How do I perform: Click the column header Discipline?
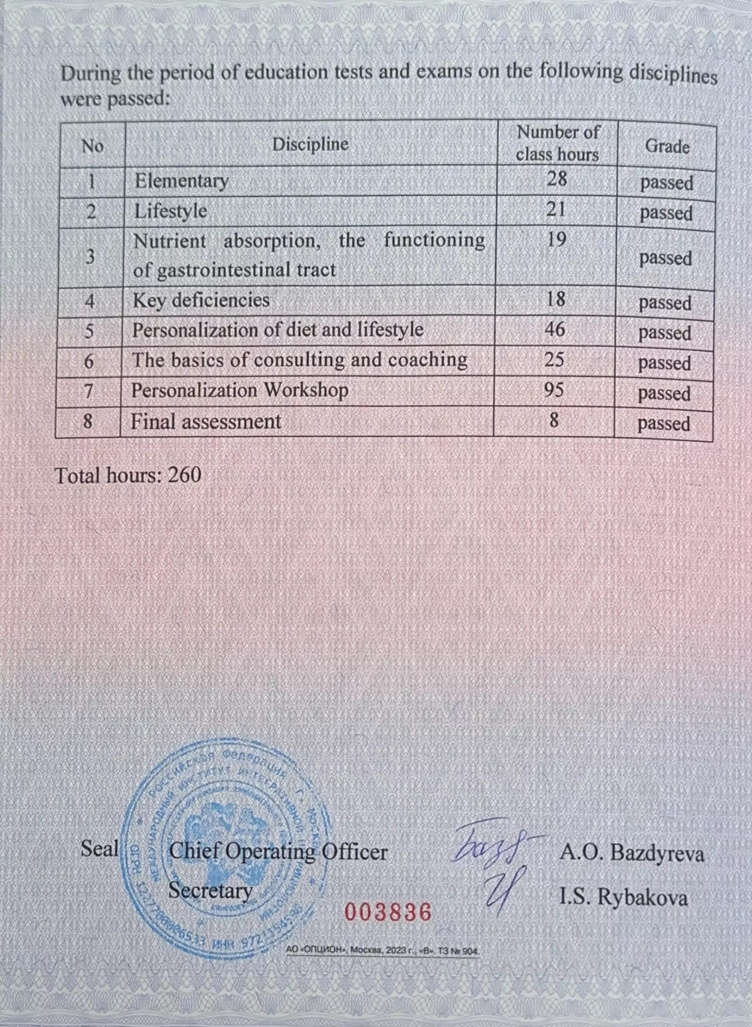point(310,145)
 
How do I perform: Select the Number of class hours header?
point(557,144)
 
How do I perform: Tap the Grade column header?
point(667,147)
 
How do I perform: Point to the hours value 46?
point(555,329)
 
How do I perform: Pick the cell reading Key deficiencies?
point(201,301)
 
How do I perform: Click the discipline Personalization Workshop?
point(240,391)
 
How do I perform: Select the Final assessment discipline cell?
point(206,422)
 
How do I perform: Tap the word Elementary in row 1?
point(182,181)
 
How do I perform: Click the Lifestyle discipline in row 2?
point(171,211)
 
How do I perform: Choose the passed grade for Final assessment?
point(664,424)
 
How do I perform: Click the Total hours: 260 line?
point(128,476)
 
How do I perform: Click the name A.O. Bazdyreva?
point(632,853)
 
